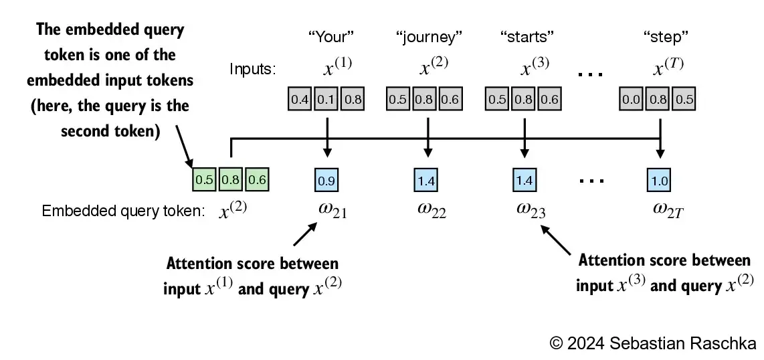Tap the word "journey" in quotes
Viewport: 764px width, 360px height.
pyautogui.click(x=429, y=37)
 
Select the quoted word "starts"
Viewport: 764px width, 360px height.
pyautogui.click(x=528, y=37)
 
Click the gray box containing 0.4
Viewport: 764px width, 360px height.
pyautogui.click(x=300, y=99)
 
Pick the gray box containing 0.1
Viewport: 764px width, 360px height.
pyautogui.click(x=327, y=99)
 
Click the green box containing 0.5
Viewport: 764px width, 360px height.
pyautogui.click(x=203, y=179)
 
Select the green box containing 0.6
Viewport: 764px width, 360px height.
pyautogui.click(x=256, y=179)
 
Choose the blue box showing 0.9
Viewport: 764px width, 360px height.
pyautogui.click(x=326, y=180)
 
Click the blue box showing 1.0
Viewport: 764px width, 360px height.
pyautogui.click(x=660, y=180)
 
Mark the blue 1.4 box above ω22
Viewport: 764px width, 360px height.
pyautogui.click(x=426, y=180)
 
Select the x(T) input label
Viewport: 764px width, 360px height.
pyautogui.click(x=668, y=66)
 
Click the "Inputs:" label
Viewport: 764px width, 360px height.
pyautogui.click(x=253, y=69)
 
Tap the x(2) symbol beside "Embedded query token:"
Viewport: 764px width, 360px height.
pyautogui.click(x=234, y=210)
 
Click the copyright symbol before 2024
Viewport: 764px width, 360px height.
pyautogui.click(x=557, y=343)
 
